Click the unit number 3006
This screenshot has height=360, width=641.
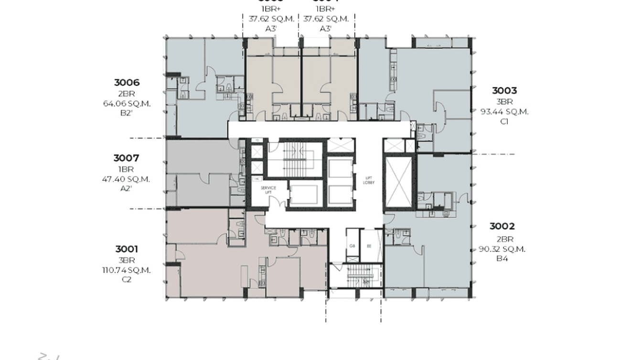pyautogui.click(x=127, y=83)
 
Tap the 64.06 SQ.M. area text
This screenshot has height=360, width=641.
pyautogui.click(x=127, y=103)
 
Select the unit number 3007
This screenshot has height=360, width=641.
pyautogui.click(x=126, y=158)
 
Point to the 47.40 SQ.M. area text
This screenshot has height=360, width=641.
pyautogui.click(x=126, y=179)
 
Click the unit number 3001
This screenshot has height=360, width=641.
pyautogui.click(x=127, y=249)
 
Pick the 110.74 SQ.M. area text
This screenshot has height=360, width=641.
pyautogui.click(x=127, y=270)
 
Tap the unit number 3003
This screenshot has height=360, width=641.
pyautogui.click(x=504, y=91)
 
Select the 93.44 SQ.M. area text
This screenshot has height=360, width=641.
pyautogui.click(x=504, y=112)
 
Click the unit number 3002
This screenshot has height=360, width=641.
pyautogui.click(x=502, y=226)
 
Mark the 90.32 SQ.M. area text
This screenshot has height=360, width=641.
pyautogui.click(x=502, y=249)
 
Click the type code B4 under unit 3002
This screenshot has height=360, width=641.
pyautogui.click(x=502, y=258)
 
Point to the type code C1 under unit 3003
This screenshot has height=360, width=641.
pyautogui.click(x=504, y=121)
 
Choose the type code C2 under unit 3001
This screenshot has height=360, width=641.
pyautogui.click(x=127, y=279)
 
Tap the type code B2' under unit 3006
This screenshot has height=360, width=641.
pyautogui.click(x=127, y=113)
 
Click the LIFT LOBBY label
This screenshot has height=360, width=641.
pyautogui.click(x=368, y=180)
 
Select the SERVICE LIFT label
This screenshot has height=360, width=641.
pyautogui.click(x=268, y=190)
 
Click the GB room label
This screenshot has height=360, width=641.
pyautogui.click(x=352, y=246)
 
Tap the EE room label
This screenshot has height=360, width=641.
pyautogui.click(x=369, y=246)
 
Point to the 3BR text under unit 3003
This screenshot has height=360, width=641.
pyautogui.click(x=504, y=102)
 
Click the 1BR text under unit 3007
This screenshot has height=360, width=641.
pyautogui.click(x=126, y=169)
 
